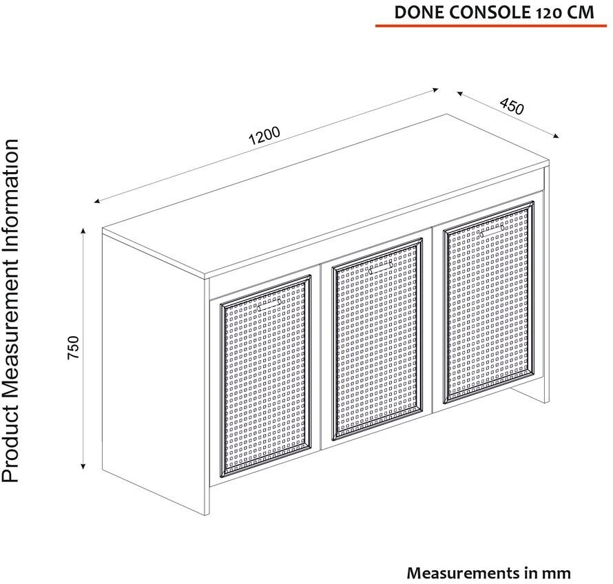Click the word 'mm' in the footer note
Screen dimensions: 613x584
click(x=556, y=572)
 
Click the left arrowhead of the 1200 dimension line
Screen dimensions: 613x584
click(x=98, y=201)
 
